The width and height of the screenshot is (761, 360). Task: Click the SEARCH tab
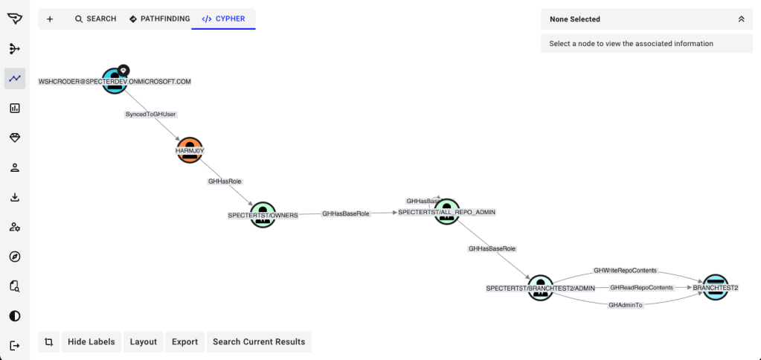pyautogui.click(x=95, y=19)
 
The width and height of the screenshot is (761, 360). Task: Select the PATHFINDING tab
pyautogui.click(x=159, y=19)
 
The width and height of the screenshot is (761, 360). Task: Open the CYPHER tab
pyautogui.click(x=223, y=19)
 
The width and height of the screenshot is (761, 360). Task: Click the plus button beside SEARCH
pyautogui.click(x=50, y=19)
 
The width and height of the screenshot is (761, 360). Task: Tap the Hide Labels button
pyautogui.click(x=91, y=341)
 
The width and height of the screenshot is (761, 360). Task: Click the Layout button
pyautogui.click(x=144, y=341)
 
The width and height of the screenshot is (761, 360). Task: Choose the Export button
pyautogui.click(x=184, y=341)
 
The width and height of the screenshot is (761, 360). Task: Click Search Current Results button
pyautogui.click(x=259, y=341)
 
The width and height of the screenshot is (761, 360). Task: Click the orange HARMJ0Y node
pyautogui.click(x=190, y=150)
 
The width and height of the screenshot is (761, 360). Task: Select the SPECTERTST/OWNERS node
pyautogui.click(x=263, y=215)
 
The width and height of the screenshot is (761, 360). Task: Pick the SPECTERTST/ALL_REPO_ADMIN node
pyautogui.click(x=447, y=212)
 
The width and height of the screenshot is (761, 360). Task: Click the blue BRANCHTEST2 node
pyautogui.click(x=715, y=287)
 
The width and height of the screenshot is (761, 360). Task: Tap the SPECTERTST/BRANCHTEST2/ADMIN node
pyautogui.click(x=541, y=287)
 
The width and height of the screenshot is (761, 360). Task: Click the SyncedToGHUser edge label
pyautogui.click(x=151, y=115)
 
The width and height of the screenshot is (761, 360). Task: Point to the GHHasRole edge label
pyautogui.click(x=225, y=181)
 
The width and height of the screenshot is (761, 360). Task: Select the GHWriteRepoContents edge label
pyautogui.click(x=625, y=271)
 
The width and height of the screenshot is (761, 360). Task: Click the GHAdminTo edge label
pyautogui.click(x=625, y=305)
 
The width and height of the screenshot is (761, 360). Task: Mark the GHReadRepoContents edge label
pyautogui.click(x=641, y=287)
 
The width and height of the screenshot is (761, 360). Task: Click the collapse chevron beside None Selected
pyautogui.click(x=741, y=19)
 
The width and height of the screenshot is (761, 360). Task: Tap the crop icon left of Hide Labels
pyautogui.click(x=48, y=341)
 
